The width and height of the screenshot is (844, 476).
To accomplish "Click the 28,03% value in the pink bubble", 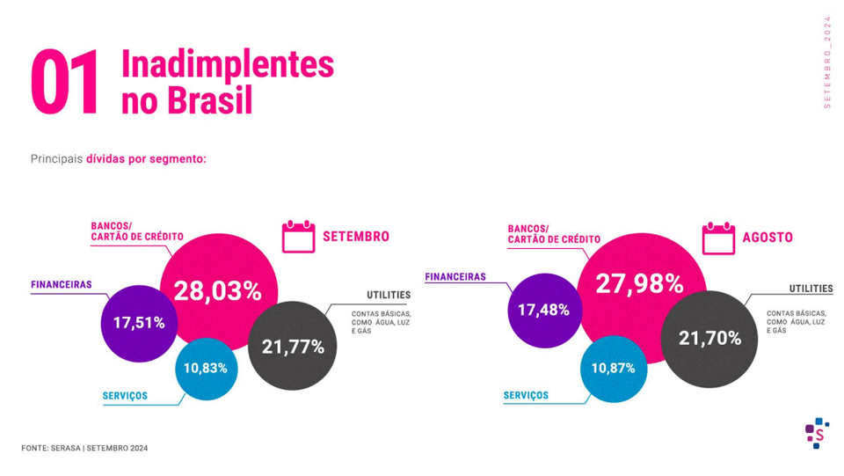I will pos(217,290).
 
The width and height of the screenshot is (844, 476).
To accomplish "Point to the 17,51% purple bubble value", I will pos(139,323).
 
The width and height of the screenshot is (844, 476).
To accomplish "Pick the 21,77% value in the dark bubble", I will pos(293,347).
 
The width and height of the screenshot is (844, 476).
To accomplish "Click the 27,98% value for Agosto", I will pos(639,283).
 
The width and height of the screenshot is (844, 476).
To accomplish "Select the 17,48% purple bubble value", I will pos(543,310).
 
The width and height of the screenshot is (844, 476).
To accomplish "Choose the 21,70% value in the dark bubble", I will pos(709,337).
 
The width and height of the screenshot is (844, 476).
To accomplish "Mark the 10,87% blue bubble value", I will pos(613,368).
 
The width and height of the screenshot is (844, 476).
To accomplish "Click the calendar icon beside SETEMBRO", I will pos(298,237).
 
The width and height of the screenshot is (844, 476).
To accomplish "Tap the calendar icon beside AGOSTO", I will pos(718,238).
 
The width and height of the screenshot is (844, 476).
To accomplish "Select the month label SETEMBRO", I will pos(356,237).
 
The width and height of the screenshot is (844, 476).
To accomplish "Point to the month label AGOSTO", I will pos(768,238).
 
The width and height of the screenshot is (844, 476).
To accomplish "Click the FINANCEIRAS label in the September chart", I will pos(62,284).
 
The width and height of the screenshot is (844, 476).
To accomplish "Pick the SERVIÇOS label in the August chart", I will pos(526,396).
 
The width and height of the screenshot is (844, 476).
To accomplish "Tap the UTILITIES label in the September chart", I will pos(389,295).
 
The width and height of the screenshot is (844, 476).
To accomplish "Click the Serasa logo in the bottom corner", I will pos(818,433).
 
